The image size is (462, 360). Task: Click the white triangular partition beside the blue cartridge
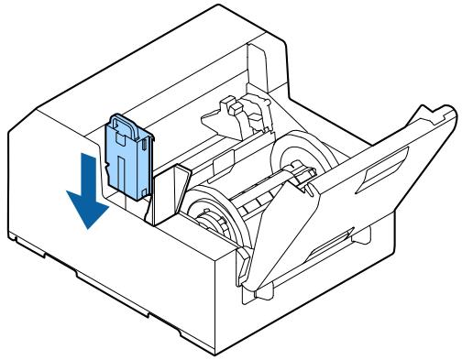point(170,193)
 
